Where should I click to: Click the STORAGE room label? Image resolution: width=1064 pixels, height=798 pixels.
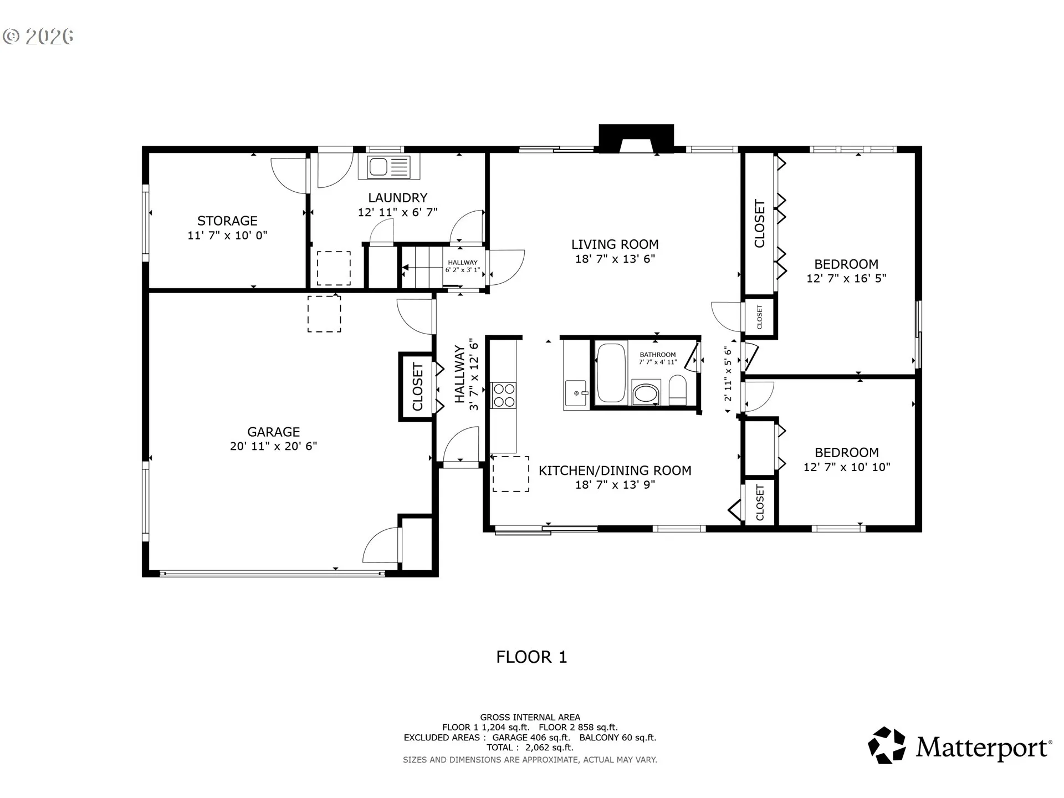click(227, 221)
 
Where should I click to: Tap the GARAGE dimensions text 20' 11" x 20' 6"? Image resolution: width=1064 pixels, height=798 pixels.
click(274, 446)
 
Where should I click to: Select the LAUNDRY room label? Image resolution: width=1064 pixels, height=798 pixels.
click(398, 198)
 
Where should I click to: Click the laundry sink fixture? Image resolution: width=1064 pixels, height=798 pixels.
click(389, 167)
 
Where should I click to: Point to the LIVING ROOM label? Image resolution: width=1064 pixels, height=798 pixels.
click(615, 244)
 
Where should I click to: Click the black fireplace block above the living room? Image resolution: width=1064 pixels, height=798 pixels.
click(636, 138)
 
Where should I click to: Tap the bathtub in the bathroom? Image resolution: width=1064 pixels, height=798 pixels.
click(611, 372)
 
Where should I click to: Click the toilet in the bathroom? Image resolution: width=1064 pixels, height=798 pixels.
click(678, 390)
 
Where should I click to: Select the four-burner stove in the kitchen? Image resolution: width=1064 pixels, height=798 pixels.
click(504, 395)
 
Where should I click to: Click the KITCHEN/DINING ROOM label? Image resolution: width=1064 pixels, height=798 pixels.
click(615, 470)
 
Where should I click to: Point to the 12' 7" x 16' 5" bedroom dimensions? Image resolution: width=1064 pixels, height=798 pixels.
click(846, 278)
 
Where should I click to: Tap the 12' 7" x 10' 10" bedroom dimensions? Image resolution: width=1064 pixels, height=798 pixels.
click(847, 467)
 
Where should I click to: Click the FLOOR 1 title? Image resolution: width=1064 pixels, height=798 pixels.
click(531, 657)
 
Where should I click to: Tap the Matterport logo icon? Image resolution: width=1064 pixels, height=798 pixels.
click(887, 746)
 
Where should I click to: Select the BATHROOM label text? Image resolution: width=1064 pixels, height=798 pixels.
click(658, 355)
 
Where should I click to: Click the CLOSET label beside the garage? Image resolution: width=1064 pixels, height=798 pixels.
click(418, 387)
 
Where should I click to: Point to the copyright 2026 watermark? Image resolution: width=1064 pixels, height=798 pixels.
click(38, 37)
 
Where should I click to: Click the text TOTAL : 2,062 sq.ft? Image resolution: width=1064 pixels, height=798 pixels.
click(530, 748)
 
